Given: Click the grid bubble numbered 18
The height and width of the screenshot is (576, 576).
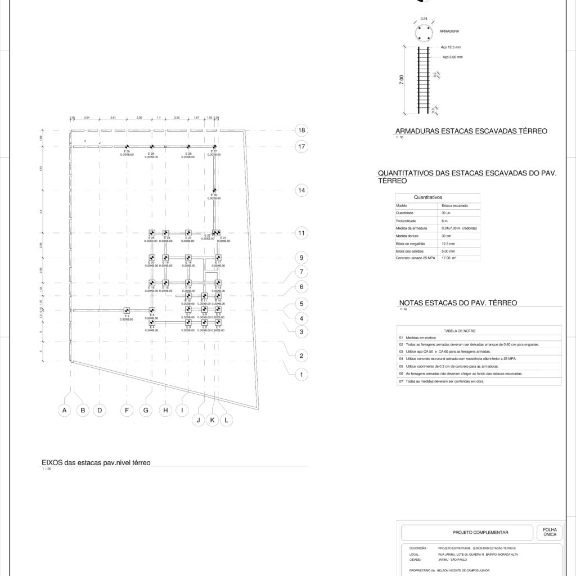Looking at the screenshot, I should pos(302,130).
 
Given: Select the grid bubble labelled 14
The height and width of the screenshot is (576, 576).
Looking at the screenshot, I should pos(302,191).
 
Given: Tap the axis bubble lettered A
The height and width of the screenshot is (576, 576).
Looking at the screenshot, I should pos(65,411).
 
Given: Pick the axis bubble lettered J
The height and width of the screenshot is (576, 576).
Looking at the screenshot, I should pos(198,419).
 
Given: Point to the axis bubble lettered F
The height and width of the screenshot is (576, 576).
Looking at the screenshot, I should pos(127,411).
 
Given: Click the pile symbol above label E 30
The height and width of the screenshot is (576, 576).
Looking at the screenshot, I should pos(127,147).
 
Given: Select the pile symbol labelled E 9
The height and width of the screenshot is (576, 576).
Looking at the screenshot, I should pos(127,310).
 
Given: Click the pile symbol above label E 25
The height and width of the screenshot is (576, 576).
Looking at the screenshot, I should pos(151,233).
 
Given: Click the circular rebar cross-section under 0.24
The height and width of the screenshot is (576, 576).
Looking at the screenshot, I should pos(423,34).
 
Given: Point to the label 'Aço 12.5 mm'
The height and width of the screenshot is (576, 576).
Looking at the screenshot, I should pos(451,47).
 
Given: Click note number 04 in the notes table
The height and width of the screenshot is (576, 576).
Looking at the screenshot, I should pos(402,358).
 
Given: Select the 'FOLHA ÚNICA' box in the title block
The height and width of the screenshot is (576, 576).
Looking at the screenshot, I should pos(550,532).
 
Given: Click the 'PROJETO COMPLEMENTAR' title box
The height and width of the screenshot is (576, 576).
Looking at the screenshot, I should pos(480,532).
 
